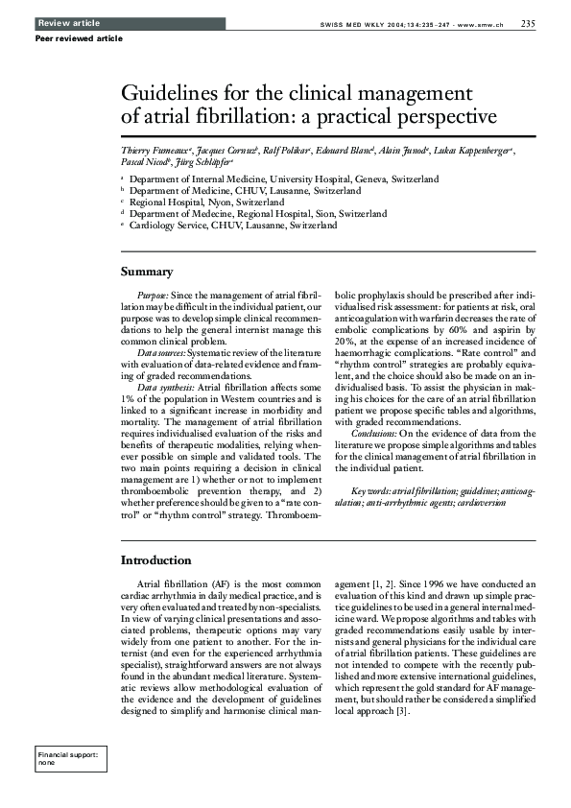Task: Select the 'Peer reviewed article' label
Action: [x=79, y=38]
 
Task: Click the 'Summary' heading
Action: [x=146, y=272]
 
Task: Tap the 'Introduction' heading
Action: [x=155, y=559]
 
